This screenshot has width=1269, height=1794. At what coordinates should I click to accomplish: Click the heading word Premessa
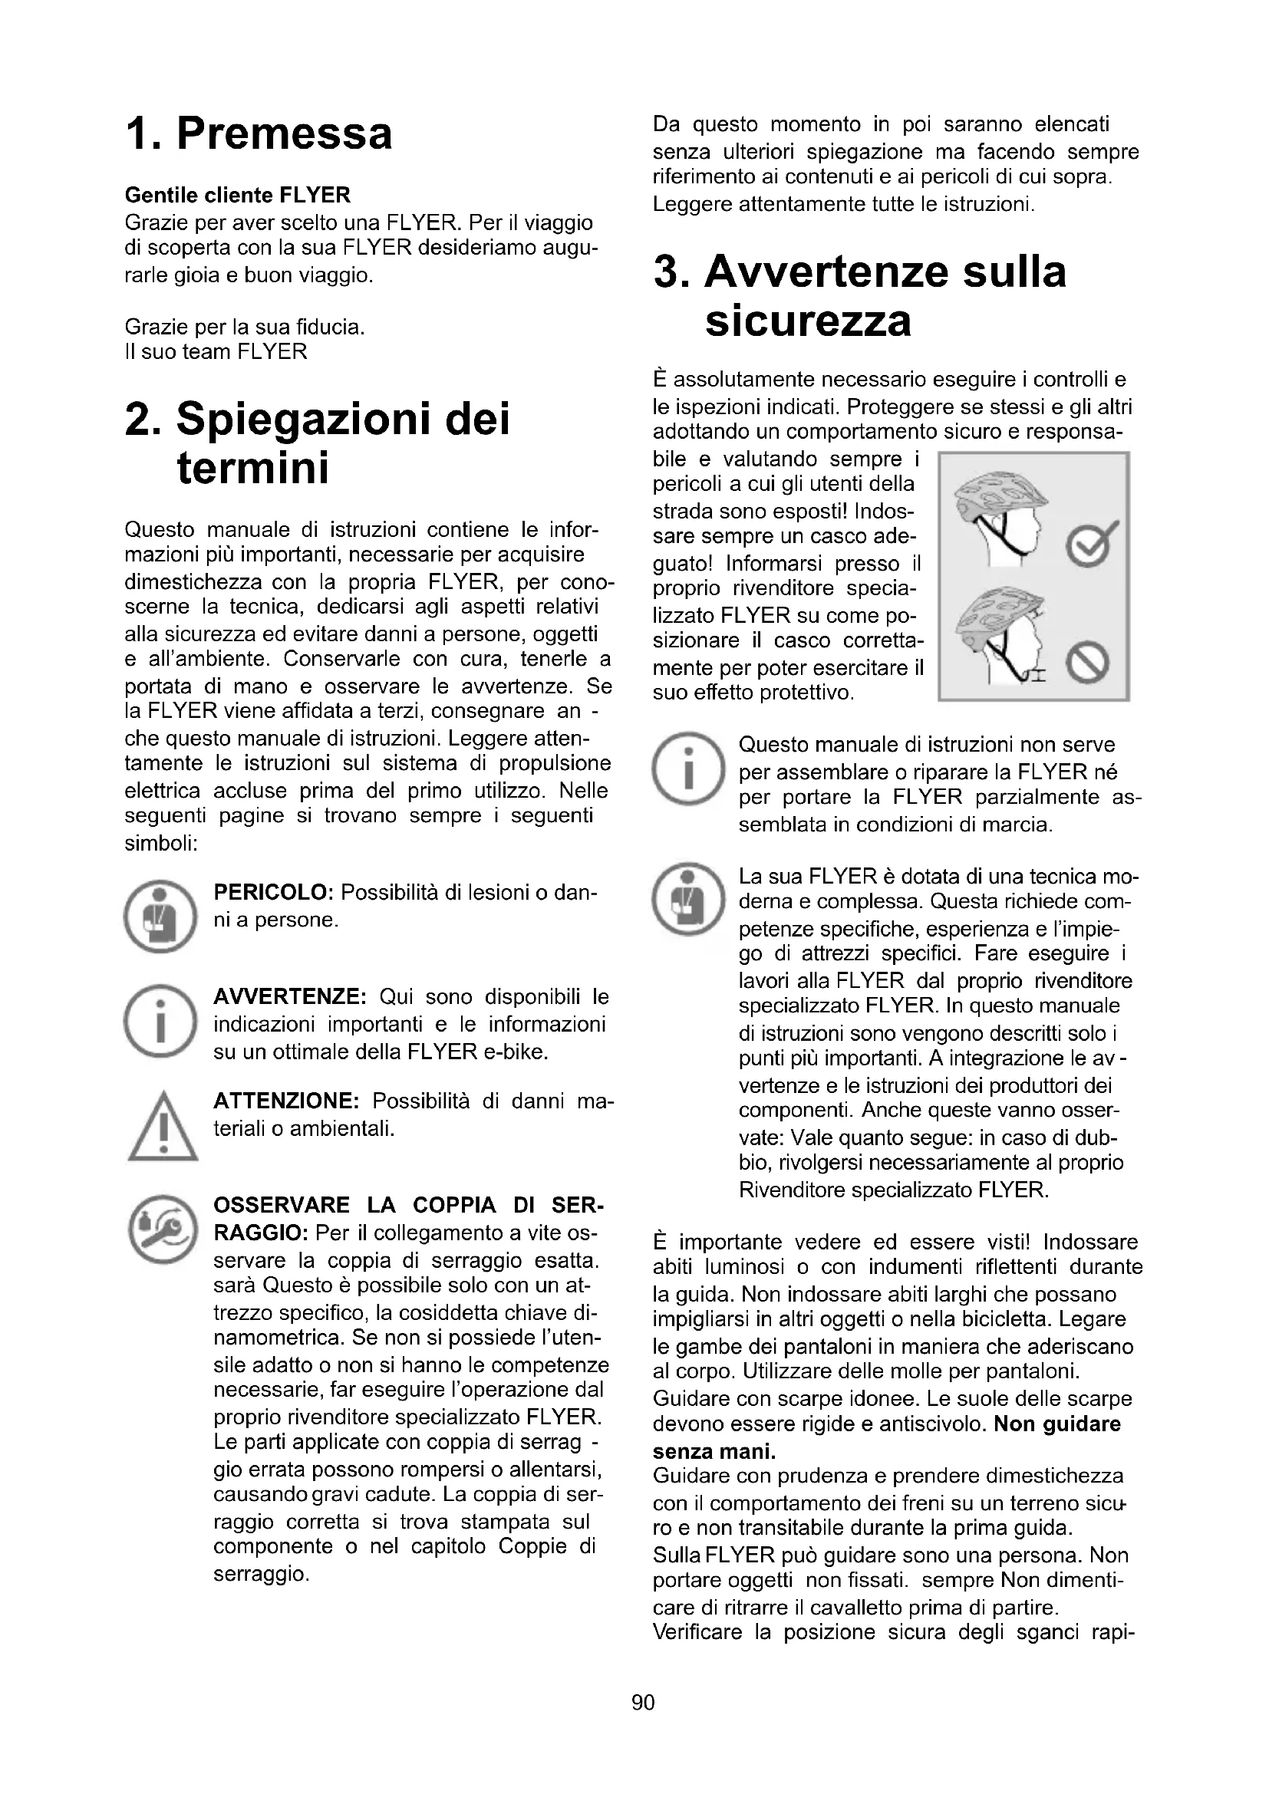tap(284, 133)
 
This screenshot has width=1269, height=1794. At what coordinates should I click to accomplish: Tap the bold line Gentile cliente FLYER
tap(238, 195)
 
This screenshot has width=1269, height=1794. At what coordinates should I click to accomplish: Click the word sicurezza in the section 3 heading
tap(808, 321)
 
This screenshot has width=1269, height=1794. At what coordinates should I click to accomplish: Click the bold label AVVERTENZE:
tap(290, 997)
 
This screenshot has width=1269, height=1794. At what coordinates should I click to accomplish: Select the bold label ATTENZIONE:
tap(286, 1101)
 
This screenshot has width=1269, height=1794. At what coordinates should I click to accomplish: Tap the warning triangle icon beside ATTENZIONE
tap(162, 1127)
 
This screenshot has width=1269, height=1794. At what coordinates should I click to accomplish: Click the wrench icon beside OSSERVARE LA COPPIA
tap(161, 1227)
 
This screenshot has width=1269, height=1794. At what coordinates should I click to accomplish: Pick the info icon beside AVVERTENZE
tap(160, 1021)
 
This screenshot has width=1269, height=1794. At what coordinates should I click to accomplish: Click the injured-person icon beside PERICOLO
tap(160, 916)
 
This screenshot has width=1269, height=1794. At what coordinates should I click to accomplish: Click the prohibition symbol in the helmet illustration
tap(1089, 665)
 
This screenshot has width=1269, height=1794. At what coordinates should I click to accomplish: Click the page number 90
tap(643, 1702)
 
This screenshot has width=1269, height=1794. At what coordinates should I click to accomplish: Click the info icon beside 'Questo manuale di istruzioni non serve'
tap(688, 769)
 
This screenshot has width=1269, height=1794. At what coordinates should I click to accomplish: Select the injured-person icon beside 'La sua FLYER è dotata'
tap(688, 900)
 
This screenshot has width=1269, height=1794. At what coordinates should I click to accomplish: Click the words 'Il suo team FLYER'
tap(216, 351)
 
